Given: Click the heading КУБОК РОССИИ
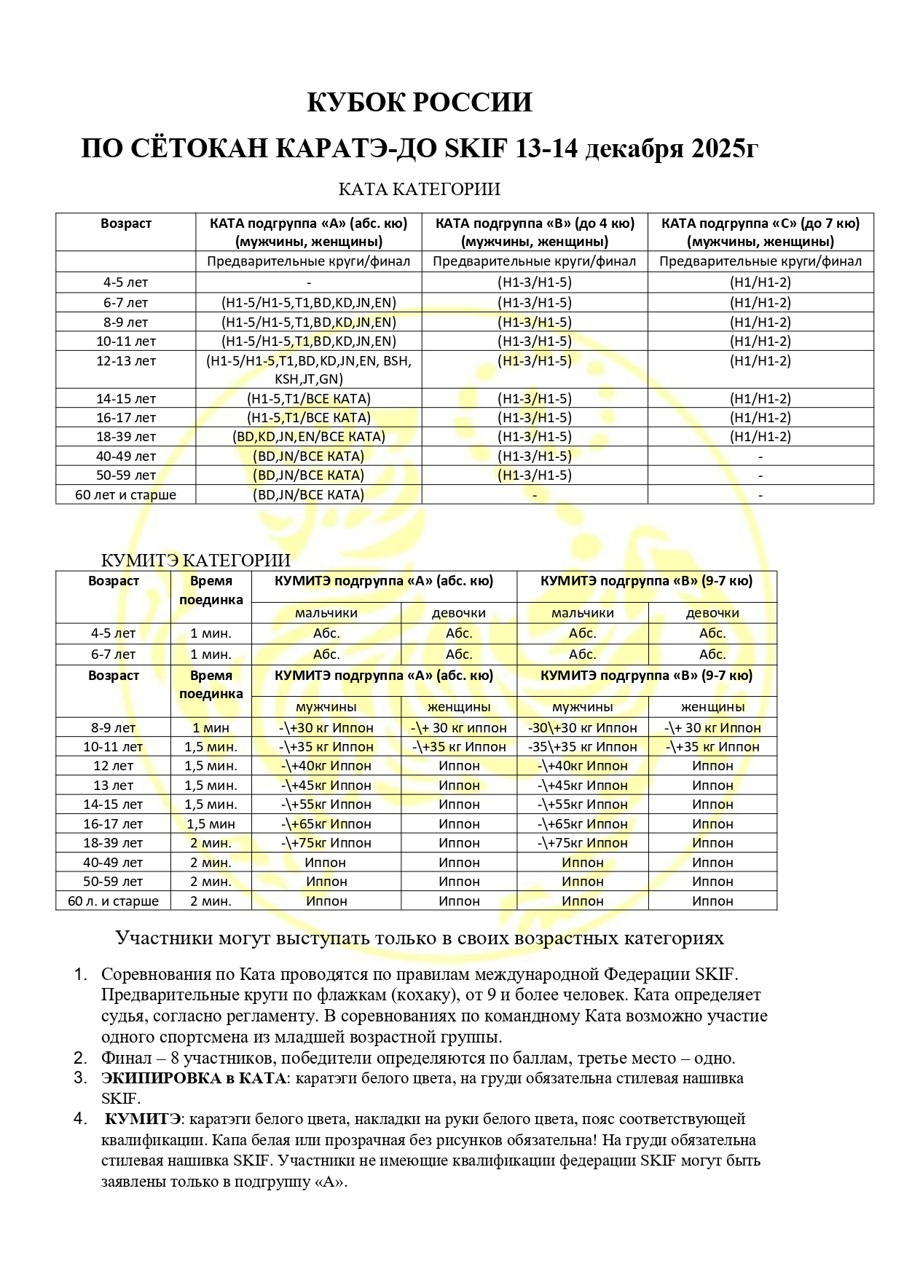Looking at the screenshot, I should coord(419,103).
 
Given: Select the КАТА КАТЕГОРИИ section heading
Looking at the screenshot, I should coord(419,190).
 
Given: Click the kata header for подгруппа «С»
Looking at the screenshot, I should coord(760,232).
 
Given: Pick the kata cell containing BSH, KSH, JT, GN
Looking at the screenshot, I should coord(309,370).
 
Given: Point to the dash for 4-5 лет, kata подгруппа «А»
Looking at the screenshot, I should coord(309,282).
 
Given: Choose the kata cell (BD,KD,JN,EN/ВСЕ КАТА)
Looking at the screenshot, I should coord(309,437).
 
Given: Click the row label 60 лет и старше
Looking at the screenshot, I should coord(126,494).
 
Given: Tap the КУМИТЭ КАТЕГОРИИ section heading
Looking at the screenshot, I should coord(195,560).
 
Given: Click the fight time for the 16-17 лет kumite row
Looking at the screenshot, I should coord(211,823).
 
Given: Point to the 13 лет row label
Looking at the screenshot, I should coord(113,785).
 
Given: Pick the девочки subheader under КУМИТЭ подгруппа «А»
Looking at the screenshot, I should coord(459,613).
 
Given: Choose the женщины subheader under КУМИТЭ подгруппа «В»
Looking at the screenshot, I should coord(712,706).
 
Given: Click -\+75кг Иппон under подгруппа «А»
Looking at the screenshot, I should coord(326,842).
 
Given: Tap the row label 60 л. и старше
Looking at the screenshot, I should coord(113,901).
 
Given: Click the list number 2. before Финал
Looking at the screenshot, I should coord(80,1058).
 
